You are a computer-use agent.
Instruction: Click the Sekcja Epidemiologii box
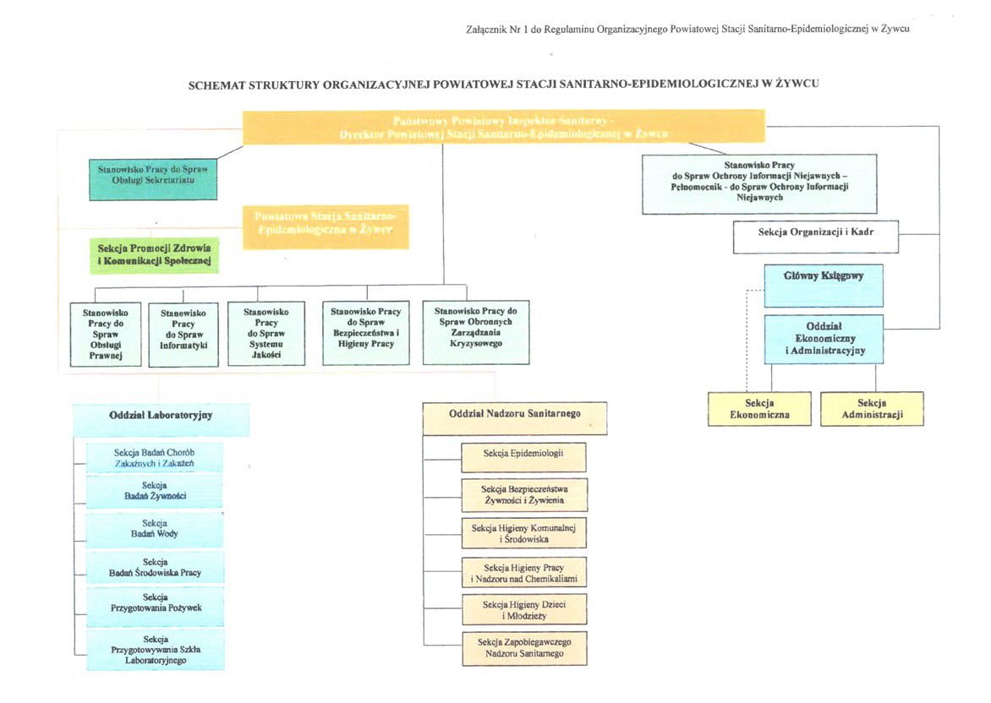pyautogui.click(x=523, y=455)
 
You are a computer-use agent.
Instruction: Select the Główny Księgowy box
pyautogui.click(x=824, y=286)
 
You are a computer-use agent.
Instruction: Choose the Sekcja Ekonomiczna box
pyautogui.click(x=759, y=409)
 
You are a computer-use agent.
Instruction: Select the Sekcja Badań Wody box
pyautogui.click(x=155, y=529)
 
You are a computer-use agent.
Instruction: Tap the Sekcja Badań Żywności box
pyautogui.click(x=155, y=491)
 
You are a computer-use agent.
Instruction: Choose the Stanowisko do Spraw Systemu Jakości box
pyautogui.click(x=266, y=335)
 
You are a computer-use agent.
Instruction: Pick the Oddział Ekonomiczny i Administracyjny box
pyautogui.click(x=824, y=338)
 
